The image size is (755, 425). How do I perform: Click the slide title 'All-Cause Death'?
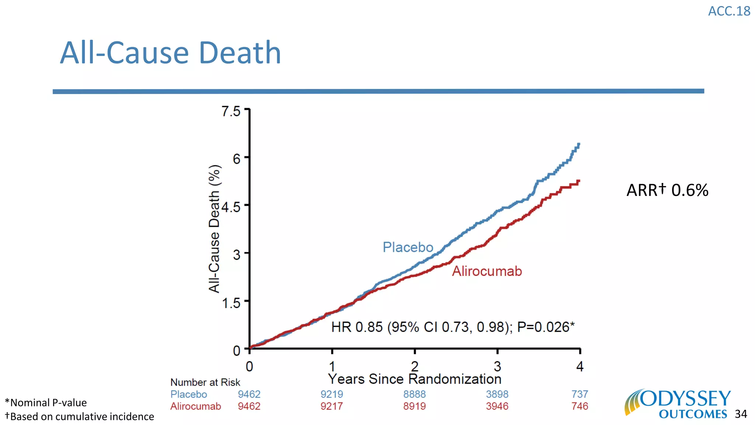coord(170,53)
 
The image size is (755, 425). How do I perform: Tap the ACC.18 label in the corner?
coord(729,11)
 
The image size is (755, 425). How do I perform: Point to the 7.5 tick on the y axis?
coord(231,111)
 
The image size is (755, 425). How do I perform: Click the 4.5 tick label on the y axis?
coord(231,207)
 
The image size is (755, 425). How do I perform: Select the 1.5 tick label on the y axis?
coord(231,303)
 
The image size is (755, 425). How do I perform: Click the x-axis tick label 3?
coord(497,366)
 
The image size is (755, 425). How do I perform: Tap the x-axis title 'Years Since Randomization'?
coord(414,379)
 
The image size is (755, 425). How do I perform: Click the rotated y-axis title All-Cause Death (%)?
coord(214,229)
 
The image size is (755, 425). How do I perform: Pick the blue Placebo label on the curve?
coord(408,247)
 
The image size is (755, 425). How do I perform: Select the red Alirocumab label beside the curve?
coord(487,271)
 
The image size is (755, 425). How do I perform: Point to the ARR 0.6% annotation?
coord(667,190)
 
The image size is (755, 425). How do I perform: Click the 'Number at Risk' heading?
coord(205,382)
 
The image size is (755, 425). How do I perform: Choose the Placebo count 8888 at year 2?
coord(414,394)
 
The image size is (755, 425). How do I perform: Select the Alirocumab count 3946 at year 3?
coord(497,406)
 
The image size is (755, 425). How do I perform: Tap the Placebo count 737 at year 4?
coord(580,394)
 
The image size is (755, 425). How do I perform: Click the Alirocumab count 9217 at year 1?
coord(331,406)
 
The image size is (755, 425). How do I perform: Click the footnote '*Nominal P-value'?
coord(46,402)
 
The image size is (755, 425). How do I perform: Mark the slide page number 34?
coord(741,414)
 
